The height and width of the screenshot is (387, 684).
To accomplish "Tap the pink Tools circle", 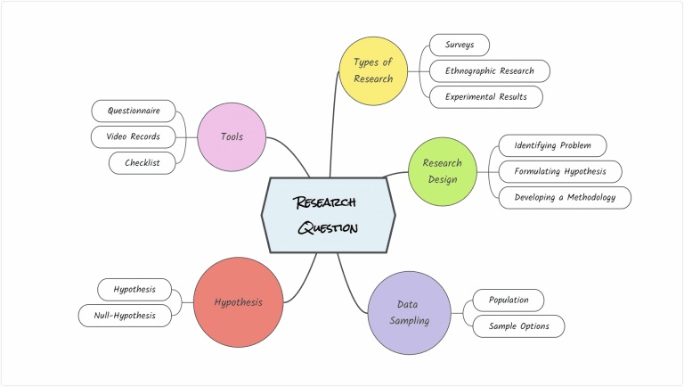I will pyautogui.click(x=232, y=136).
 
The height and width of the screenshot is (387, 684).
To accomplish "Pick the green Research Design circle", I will pyautogui.click(x=443, y=170).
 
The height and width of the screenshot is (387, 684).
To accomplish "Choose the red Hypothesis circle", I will pyautogui.click(x=238, y=302).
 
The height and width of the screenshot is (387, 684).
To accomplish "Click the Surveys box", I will pyautogui.click(x=459, y=45).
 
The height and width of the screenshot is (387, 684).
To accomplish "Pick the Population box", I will pyautogui.click(x=508, y=300).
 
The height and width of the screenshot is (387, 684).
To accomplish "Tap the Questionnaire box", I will pyautogui.click(x=134, y=111).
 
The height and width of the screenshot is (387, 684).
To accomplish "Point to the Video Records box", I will pyautogui.click(x=134, y=136).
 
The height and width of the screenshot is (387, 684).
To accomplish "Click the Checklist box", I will pyautogui.click(x=142, y=162).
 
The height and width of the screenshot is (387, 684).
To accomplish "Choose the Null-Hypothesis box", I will pyautogui.click(x=124, y=315).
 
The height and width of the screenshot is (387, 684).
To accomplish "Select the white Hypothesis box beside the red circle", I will pyautogui.click(x=134, y=289).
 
